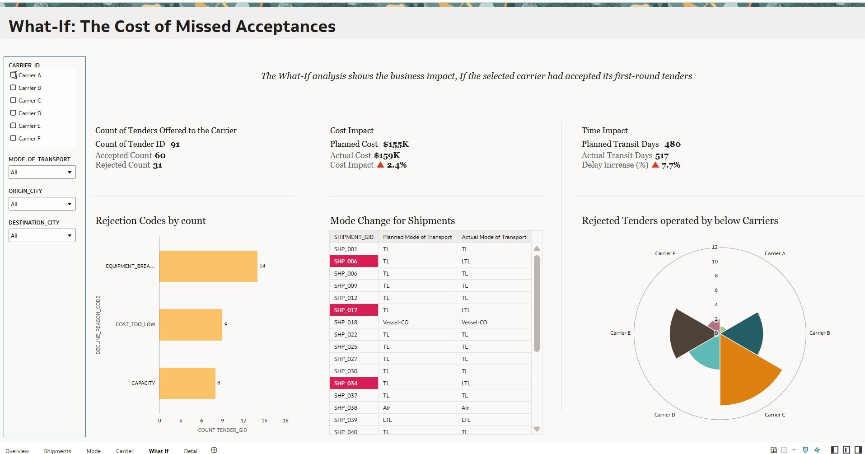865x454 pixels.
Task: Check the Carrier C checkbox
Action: (x=13, y=100)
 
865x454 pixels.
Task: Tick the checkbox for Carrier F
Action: (x=13, y=138)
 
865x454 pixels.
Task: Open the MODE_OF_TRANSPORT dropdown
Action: (x=42, y=172)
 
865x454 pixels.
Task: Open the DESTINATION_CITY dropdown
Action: (x=42, y=235)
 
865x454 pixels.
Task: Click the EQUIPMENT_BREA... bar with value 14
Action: (x=208, y=266)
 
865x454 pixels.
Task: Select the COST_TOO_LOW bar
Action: (x=191, y=324)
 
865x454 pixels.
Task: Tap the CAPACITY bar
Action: (x=187, y=383)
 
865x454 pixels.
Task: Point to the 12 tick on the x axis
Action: (x=243, y=421)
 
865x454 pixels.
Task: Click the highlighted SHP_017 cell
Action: (x=354, y=310)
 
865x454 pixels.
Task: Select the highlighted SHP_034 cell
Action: (x=354, y=384)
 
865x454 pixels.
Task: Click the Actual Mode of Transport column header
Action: (x=494, y=237)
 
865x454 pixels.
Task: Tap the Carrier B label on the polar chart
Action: (x=819, y=333)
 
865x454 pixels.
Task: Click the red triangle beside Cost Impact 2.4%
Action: (x=380, y=165)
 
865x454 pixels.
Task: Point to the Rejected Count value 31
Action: (x=157, y=165)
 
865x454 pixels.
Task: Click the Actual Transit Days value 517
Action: (x=662, y=156)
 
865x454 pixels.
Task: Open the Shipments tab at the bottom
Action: (x=57, y=451)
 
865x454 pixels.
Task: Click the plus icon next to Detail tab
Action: (x=214, y=450)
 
